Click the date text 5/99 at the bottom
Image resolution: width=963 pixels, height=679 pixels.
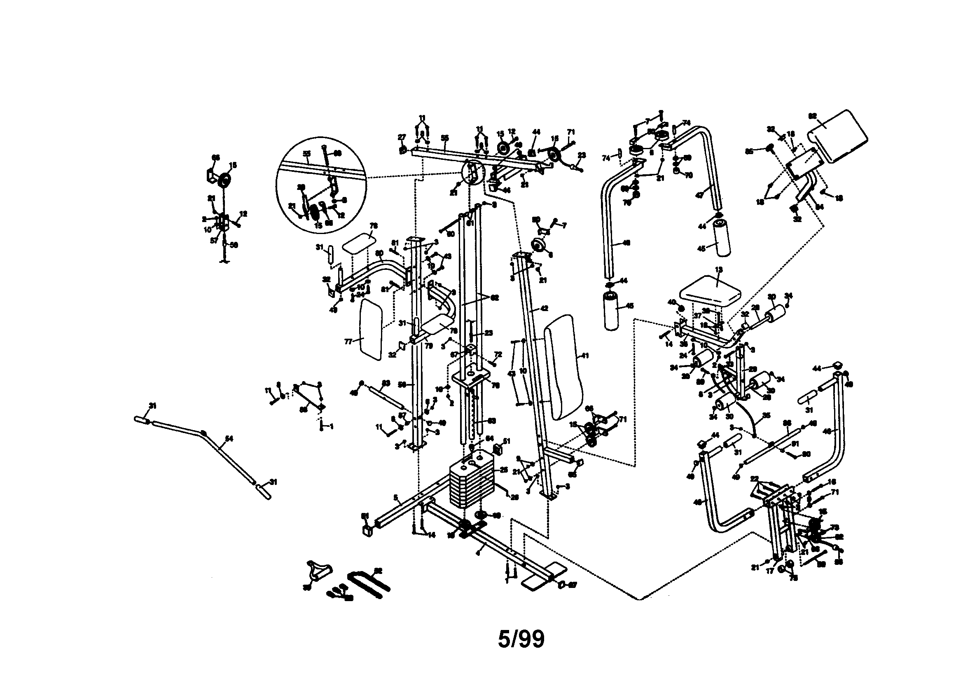[x=521, y=639]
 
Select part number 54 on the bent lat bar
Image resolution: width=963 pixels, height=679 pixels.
[x=229, y=439]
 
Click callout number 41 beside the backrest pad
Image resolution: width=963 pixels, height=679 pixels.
[x=586, y=356]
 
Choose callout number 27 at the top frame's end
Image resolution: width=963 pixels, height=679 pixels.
[x=402, y=137]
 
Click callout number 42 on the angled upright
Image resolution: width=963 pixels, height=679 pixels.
[x=544, y=309]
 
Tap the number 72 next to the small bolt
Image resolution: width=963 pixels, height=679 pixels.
[x=498, y=355]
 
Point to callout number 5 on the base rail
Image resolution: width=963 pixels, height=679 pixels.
[x=395, y=498]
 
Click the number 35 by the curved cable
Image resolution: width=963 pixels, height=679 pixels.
[x=767, y=416]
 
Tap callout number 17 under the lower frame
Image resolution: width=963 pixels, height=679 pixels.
[x=770, y=571]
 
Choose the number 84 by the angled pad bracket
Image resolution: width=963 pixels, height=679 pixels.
[x=820, y=207]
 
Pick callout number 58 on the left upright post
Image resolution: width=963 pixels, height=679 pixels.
[x=402, y=384]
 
